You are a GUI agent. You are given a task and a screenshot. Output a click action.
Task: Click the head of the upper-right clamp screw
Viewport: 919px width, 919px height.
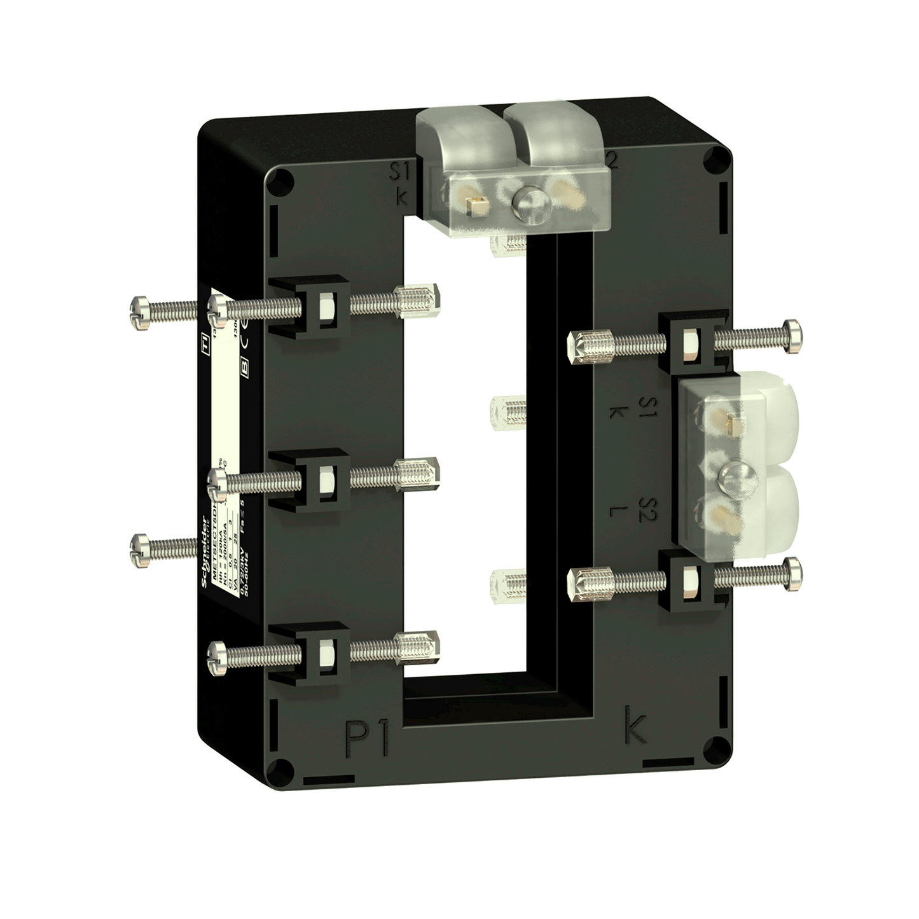pos(794,335)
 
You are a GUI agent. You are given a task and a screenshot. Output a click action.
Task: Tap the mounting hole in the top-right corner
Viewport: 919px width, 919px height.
pos(718,157)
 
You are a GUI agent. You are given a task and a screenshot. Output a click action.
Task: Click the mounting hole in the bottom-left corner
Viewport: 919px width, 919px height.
pos(275,767)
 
